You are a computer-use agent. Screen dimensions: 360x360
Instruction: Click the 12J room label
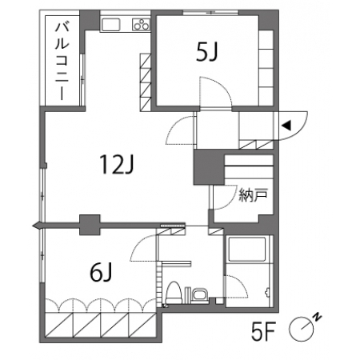click(x=116, y=165)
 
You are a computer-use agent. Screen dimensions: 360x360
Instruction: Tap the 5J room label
click(x=207, y=52)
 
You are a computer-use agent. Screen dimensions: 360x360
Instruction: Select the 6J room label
click(x=101, y=272)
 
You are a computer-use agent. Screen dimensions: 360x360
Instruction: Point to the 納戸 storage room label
click(x=253, y=195)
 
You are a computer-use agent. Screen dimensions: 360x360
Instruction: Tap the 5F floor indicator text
click(x=263, y=331)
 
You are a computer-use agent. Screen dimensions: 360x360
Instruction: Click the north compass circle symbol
click(x=302, y=329)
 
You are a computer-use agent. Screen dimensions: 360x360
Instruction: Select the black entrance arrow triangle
click(x=286, y=126)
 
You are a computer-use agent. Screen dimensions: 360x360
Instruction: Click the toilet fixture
click(x=174, y=293)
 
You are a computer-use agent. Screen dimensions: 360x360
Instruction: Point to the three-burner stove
click(x=141, y=24)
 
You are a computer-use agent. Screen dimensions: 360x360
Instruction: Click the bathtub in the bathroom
click(x=247, y=249)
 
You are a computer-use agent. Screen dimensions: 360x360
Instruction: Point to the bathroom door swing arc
click(x=242, y=282)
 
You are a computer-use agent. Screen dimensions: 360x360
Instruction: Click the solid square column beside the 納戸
click(x=209, y=167)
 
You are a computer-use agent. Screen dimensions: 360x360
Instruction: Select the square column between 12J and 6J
click(x=90, y=225)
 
